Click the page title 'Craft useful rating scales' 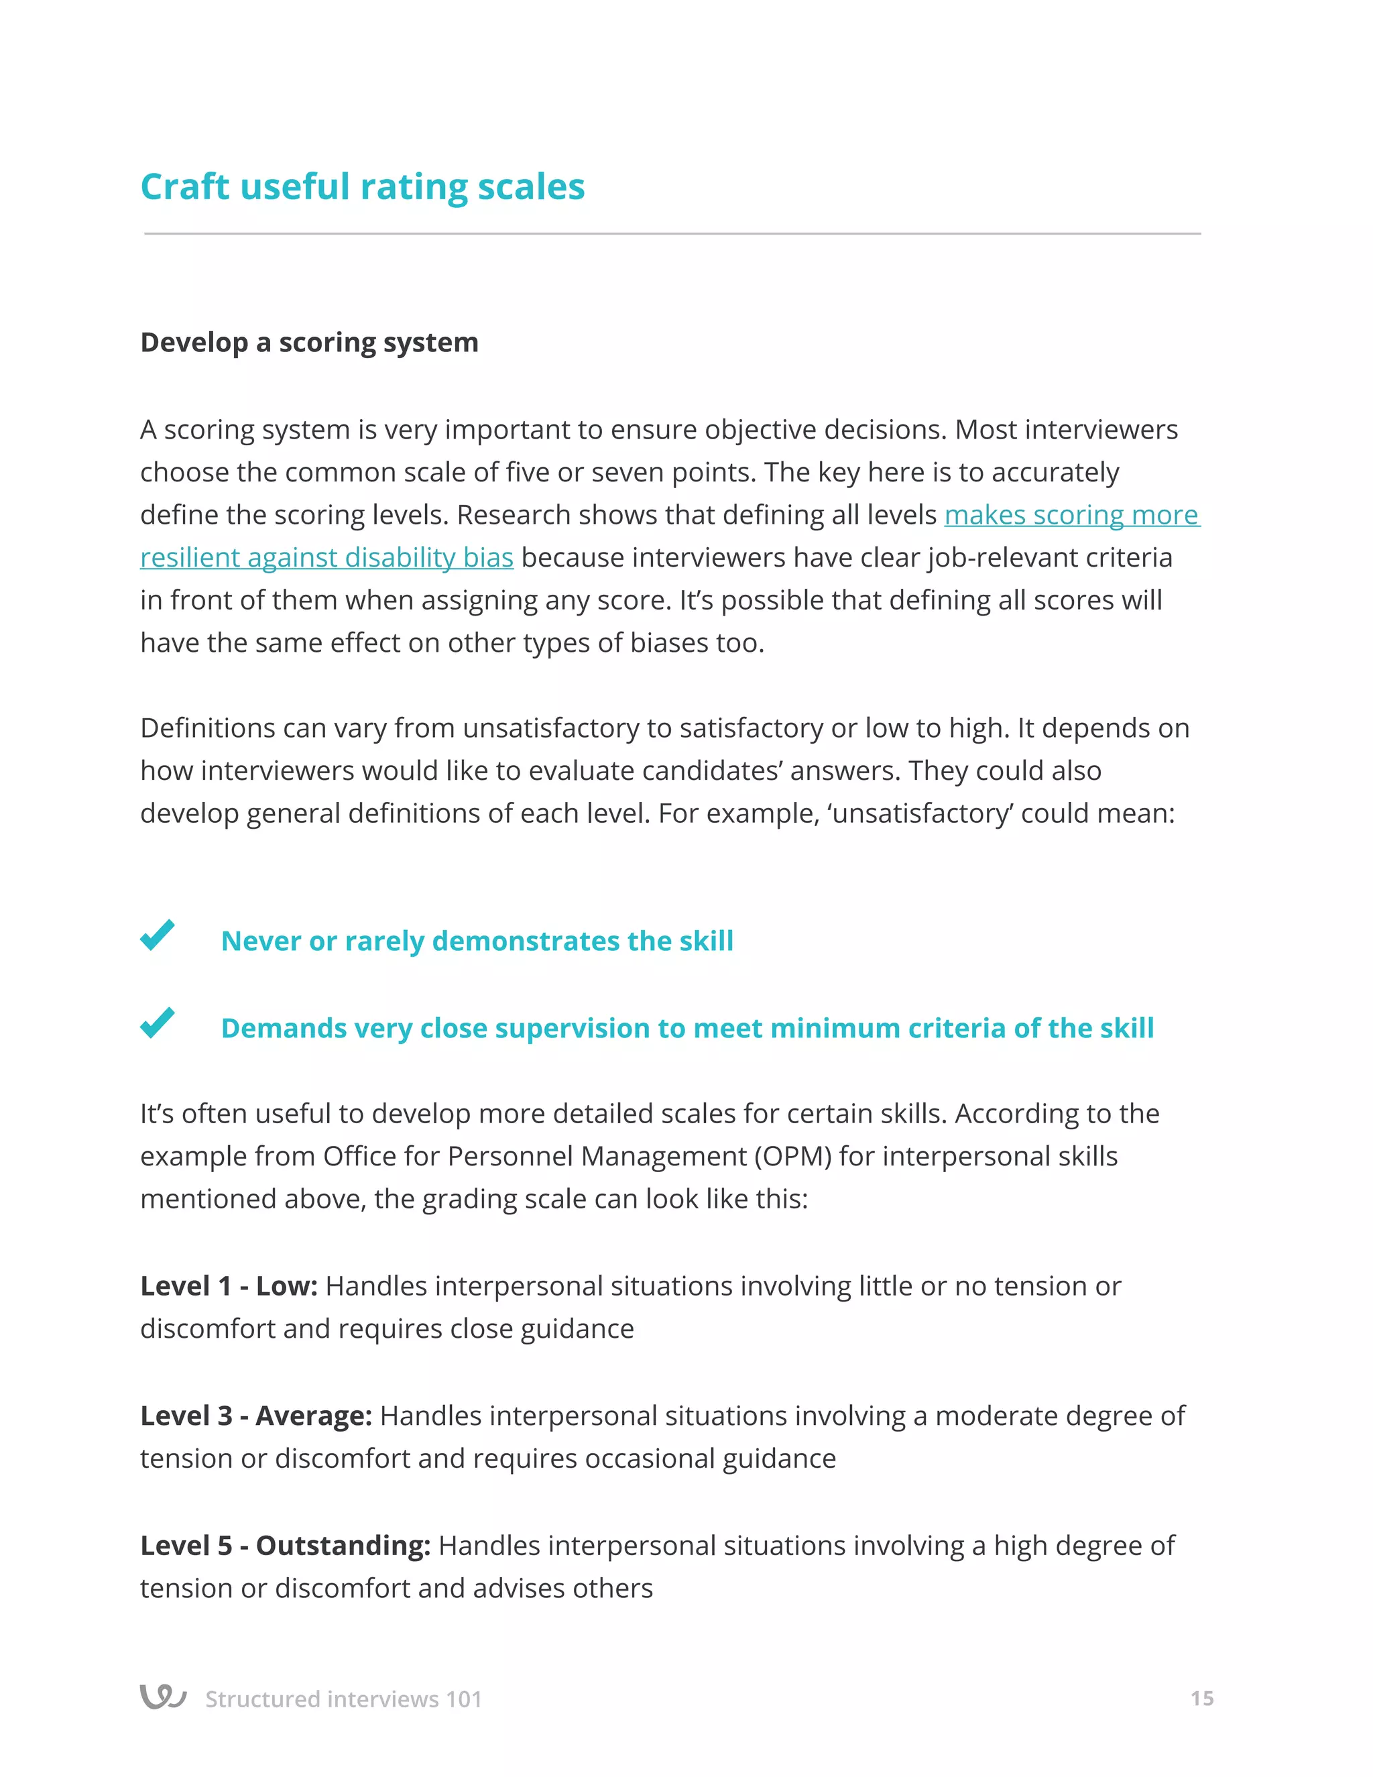(362, 187)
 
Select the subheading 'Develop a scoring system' (309, 343)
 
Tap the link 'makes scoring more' (1071, 515)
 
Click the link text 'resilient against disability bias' (326, 558)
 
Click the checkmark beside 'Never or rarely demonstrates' (157, 935)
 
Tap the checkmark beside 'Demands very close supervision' (157, 1023)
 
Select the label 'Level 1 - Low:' (229, 1286)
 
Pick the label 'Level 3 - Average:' (255, 1416)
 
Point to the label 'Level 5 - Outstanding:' (285, 1546)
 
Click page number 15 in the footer (1201, 1699)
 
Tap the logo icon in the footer (163, 1697)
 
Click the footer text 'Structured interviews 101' (343, 1700)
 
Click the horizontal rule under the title (672, 233)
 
